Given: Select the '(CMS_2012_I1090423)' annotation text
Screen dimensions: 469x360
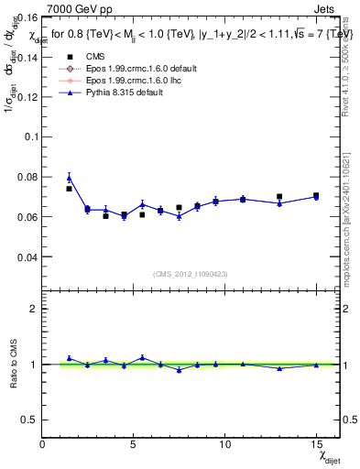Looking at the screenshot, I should click(x=190, y=274).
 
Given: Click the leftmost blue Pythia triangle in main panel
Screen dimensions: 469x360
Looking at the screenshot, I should click(x=69, y=178).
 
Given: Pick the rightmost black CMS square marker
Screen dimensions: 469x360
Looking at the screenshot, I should click(x=316, y=196).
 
